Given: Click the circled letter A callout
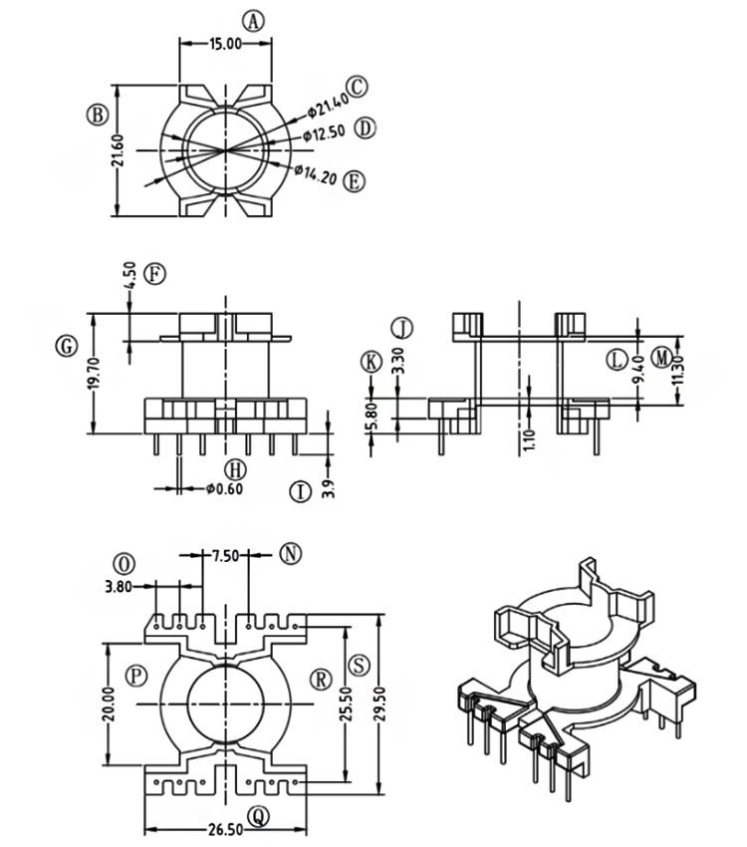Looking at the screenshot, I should (x=256, y=21).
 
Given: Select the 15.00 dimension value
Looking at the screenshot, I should (x=225, y=44).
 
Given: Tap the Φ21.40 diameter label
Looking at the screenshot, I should (x=327, y=103).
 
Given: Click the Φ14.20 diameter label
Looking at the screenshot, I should (x=316, y=174).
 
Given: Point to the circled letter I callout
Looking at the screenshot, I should (x=299, y=491).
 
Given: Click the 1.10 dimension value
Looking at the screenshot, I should (x=529, y=438).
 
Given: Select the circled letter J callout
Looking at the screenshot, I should (x=401, y=328).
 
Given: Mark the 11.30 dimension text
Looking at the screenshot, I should (x=679, y=367).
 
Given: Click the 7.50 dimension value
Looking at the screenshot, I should (x=225, y=556).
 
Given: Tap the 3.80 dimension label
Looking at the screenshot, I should (x=119, y=587).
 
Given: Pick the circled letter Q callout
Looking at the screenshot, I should (x=259, y=817).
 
